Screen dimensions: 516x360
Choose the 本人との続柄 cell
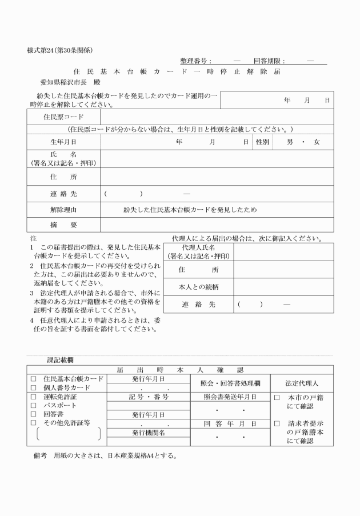point(198,286)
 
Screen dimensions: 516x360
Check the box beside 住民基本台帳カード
point(33,378)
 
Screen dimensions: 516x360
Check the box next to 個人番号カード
point(33,387)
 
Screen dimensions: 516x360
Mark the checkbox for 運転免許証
point(33,397)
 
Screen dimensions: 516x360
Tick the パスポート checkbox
point(33,405)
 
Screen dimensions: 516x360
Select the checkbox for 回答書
point(33,414)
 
